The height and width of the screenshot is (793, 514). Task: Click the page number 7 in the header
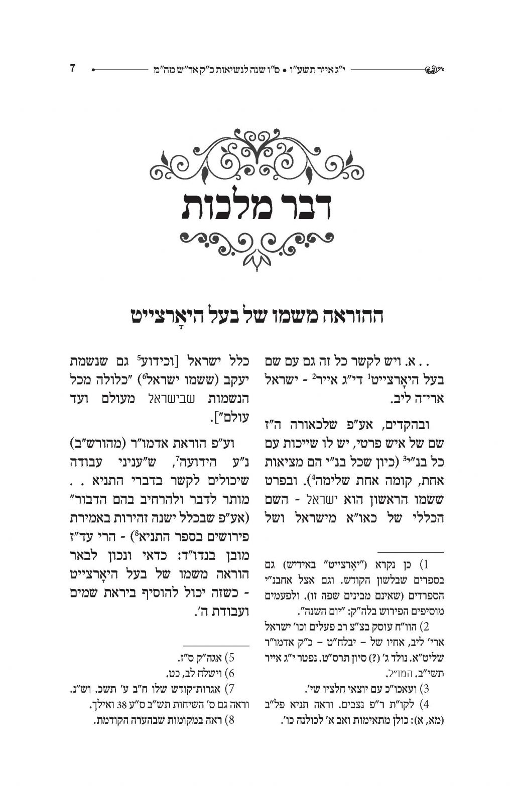click(72, 68)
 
